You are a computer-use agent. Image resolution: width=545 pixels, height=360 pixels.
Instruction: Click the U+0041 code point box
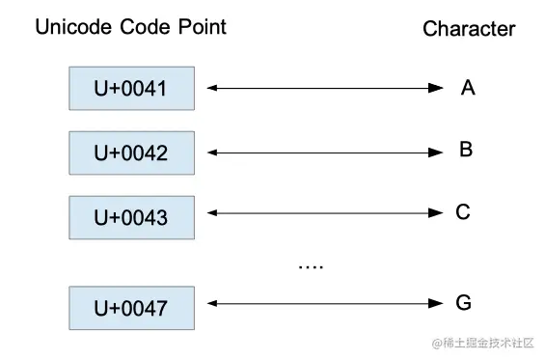pyautogui.click(x=132, y=89)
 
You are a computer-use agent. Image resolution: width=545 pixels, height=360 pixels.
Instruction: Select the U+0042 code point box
pyautogui.click(x=132, y=153)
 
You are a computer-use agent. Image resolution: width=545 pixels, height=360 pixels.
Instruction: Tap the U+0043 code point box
pyautogui.click(x=132, y=218)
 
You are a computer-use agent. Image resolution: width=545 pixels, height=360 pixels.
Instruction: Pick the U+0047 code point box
pyautogui.click(x=132, y=308)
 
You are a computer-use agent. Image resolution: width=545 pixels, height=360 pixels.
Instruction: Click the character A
pyautogui.click(x=468, y=87)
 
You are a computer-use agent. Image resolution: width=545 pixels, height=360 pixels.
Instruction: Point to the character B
pyautogui.click(x=466, y=150)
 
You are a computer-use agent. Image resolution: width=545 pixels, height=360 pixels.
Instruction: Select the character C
pyautogui.click(x=463, y=211)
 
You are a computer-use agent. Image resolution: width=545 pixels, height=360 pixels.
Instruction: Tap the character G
pyautogui.click(x=464, y=302)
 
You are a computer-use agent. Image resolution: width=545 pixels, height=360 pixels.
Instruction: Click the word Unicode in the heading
pyautogui.click(x=73, y=27)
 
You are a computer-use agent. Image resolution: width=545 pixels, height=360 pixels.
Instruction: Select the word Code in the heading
pyautogui.click(x=145, y=27)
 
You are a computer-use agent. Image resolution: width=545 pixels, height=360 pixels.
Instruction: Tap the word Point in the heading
pyautogui.click(x=203, y=27)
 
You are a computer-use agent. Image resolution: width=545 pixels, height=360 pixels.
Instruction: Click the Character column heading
pyautogui.click(x=469, y=29)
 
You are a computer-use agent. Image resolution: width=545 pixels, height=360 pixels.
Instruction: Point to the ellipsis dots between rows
pyautogui.click(x=311, y=266)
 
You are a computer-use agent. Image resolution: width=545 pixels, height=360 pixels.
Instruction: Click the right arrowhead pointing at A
pyautogui.click(x=436, y=88)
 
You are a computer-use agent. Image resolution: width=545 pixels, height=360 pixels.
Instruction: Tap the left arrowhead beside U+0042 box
pyautogui.click(x=212, y=152)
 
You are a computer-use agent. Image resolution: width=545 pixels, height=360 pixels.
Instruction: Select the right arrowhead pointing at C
pyautogui.click(x=436, y=213)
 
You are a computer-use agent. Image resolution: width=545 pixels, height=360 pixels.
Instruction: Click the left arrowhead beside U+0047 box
pyautogui.click(x=212, y=304)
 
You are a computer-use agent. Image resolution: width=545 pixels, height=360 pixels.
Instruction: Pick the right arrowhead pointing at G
pyautogui.click(x=436, y=304)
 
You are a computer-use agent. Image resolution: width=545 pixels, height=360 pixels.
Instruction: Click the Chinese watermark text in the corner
pyautogui.click(x=483, y=343)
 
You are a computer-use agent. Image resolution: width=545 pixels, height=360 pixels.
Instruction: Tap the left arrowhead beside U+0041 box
pyautogui.click(x=212, y=88)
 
